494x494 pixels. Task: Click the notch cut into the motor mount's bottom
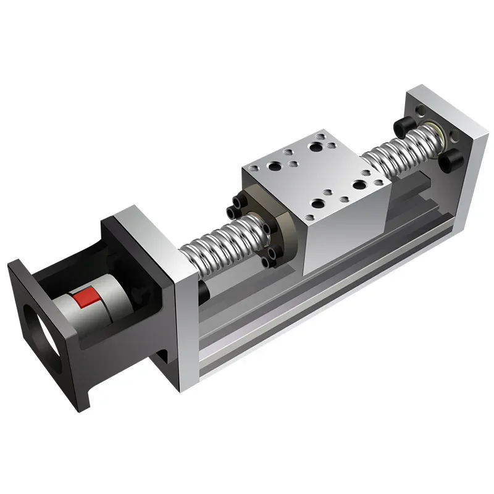[x=162, y=358]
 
